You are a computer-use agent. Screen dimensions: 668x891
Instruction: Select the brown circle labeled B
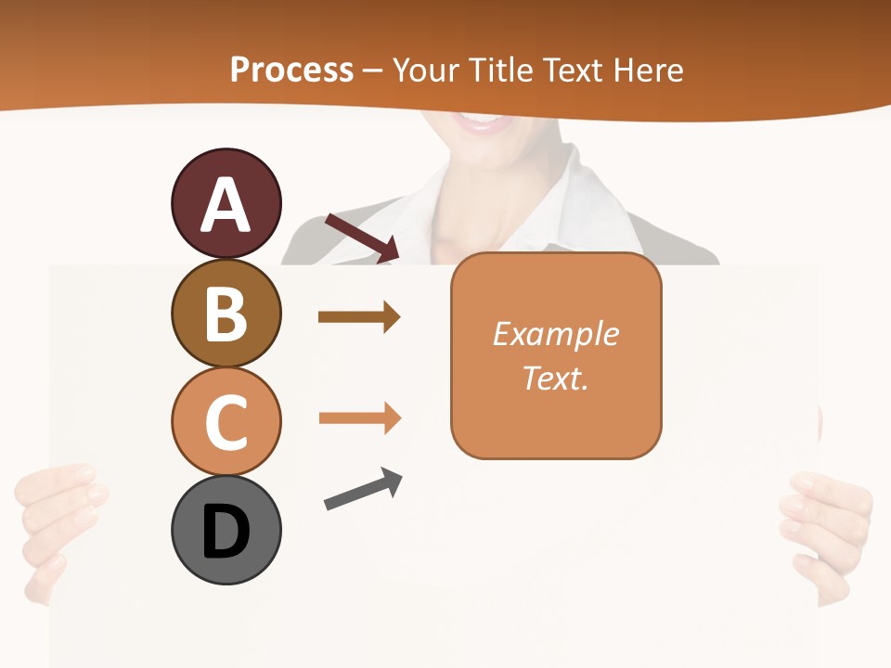[226, 313]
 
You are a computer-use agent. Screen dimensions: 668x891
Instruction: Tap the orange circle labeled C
[226, 420]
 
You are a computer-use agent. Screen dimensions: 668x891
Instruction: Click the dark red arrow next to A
[362, 238]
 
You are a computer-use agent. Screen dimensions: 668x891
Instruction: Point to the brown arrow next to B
[359, 317]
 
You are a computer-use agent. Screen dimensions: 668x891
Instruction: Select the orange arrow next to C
[359, 418]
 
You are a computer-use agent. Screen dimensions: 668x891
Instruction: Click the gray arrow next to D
[363, 489]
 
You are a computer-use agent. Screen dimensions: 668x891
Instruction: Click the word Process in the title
[291, 71]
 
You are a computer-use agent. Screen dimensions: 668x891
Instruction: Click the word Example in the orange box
[556, 334]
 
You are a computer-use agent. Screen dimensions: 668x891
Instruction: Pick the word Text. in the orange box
[556, 378]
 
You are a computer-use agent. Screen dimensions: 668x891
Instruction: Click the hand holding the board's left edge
[58, 529]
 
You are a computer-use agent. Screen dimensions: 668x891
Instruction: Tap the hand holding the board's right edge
[826, 529]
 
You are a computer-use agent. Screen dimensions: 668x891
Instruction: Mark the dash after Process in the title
[373, 71]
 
